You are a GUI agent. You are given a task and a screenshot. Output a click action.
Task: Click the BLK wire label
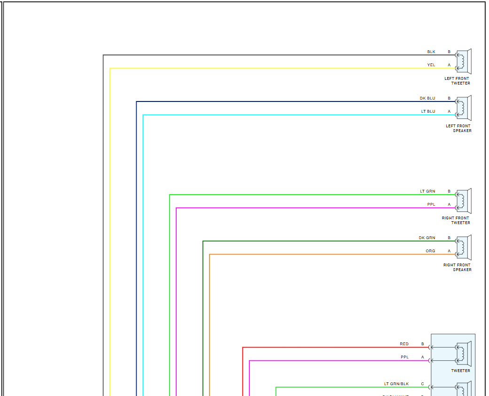431,52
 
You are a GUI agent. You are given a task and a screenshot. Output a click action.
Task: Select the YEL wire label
431,65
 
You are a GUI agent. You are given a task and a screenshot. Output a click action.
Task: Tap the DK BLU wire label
427,98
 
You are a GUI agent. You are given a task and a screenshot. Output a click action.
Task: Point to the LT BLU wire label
428,111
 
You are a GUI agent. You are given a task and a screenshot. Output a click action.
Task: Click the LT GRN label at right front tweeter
427,191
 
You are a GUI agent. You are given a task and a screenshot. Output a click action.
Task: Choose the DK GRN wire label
427,238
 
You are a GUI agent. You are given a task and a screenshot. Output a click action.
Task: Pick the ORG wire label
430,251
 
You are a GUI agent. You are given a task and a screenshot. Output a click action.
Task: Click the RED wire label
404,344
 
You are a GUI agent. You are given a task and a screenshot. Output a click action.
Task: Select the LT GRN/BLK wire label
396,384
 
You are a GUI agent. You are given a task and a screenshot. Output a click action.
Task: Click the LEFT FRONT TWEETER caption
457,81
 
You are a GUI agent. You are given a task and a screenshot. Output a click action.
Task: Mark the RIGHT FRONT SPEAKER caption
457,267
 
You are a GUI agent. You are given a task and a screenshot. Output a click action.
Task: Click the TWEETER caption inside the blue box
460,371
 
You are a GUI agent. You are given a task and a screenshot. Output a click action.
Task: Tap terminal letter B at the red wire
422,344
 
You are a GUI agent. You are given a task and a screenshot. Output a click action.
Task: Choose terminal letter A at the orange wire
449,251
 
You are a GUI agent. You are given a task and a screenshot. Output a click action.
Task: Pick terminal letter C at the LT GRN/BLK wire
422,384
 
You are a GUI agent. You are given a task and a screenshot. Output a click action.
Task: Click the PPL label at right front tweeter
431,204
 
